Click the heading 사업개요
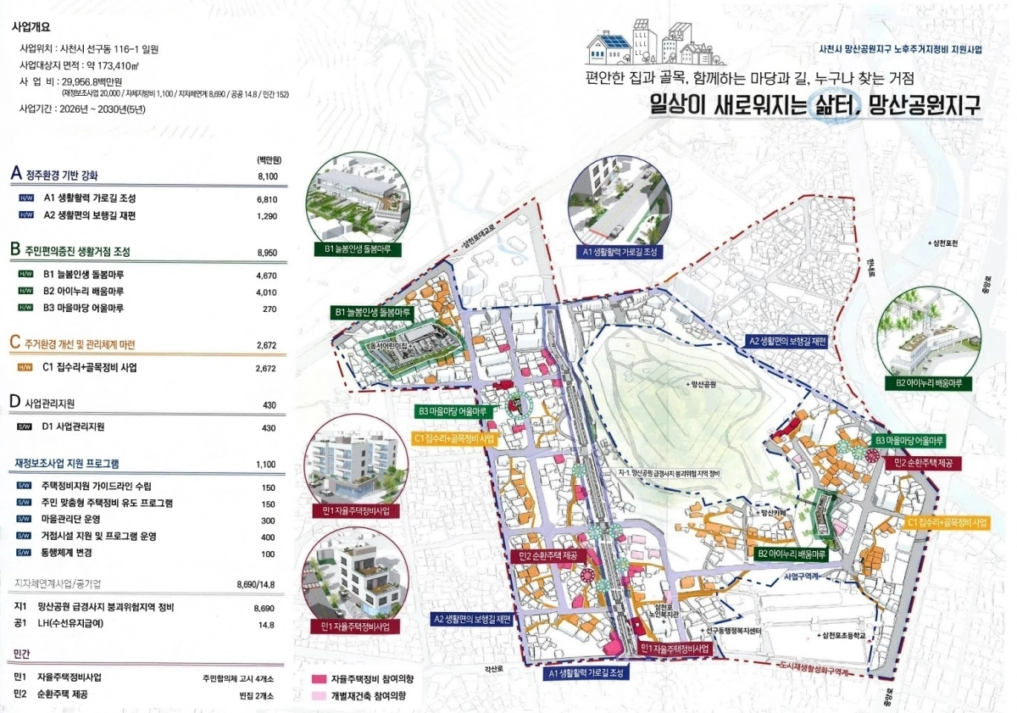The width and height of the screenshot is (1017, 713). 32,25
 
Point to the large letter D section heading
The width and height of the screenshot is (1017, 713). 14,401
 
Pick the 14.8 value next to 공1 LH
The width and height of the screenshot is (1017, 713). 267,625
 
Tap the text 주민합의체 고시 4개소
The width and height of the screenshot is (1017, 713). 239,678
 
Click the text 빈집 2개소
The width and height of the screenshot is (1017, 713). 258,695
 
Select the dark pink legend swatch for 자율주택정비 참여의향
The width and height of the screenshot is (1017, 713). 319,679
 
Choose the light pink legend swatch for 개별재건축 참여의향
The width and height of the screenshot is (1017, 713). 319,695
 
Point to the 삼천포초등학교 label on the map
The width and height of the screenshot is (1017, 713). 844,636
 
